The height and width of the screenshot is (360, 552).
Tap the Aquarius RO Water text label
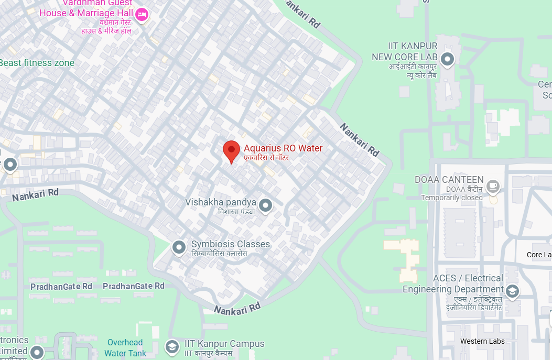283,148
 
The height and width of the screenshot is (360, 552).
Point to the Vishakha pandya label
221,202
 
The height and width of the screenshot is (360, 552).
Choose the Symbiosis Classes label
231,244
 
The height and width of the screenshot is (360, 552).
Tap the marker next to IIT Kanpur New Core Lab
447,60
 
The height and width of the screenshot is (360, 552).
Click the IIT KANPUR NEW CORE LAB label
404,52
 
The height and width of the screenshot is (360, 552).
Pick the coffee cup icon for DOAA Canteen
492,186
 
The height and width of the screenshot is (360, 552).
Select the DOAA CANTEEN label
449,180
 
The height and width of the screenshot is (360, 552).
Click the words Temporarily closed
452,198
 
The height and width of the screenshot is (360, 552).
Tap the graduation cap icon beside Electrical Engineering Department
512,291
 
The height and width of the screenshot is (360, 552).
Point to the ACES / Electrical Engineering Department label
453,283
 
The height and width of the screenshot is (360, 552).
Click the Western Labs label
482,341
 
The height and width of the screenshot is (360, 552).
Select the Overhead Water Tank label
125,347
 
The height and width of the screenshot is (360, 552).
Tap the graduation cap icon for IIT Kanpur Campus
172,347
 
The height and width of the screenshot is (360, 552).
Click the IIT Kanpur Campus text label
224,344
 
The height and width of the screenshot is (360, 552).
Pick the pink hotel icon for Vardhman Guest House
141,15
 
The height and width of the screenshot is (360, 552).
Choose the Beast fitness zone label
37,63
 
